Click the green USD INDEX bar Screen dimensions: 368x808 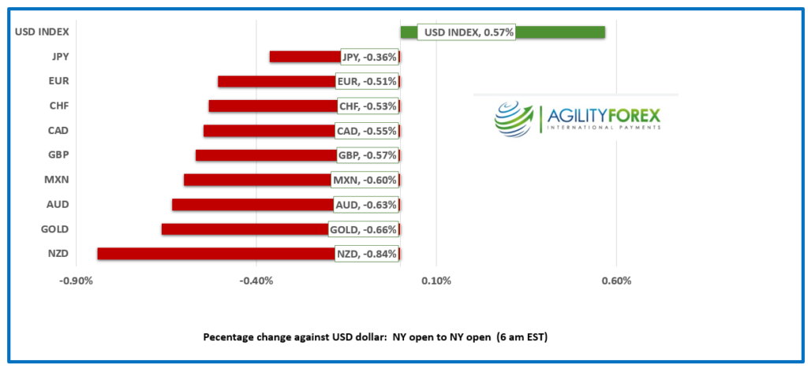[552, 32]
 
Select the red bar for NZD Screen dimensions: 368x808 [213, 254]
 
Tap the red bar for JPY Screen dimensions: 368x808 [304, 57]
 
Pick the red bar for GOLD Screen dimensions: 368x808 [245, 229]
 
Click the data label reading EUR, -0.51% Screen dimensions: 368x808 [367, 81]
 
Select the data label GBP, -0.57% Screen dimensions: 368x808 [367, 155]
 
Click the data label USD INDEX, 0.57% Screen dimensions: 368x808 [466, 32]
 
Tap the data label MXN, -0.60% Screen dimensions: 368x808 [365, 180]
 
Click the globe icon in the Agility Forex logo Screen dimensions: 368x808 [514, 119]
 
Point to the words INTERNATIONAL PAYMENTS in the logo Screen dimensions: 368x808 [604, 130]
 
